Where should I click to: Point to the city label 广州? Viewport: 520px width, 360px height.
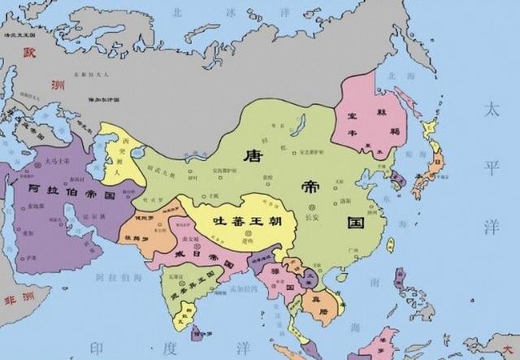(x=348, y=255)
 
